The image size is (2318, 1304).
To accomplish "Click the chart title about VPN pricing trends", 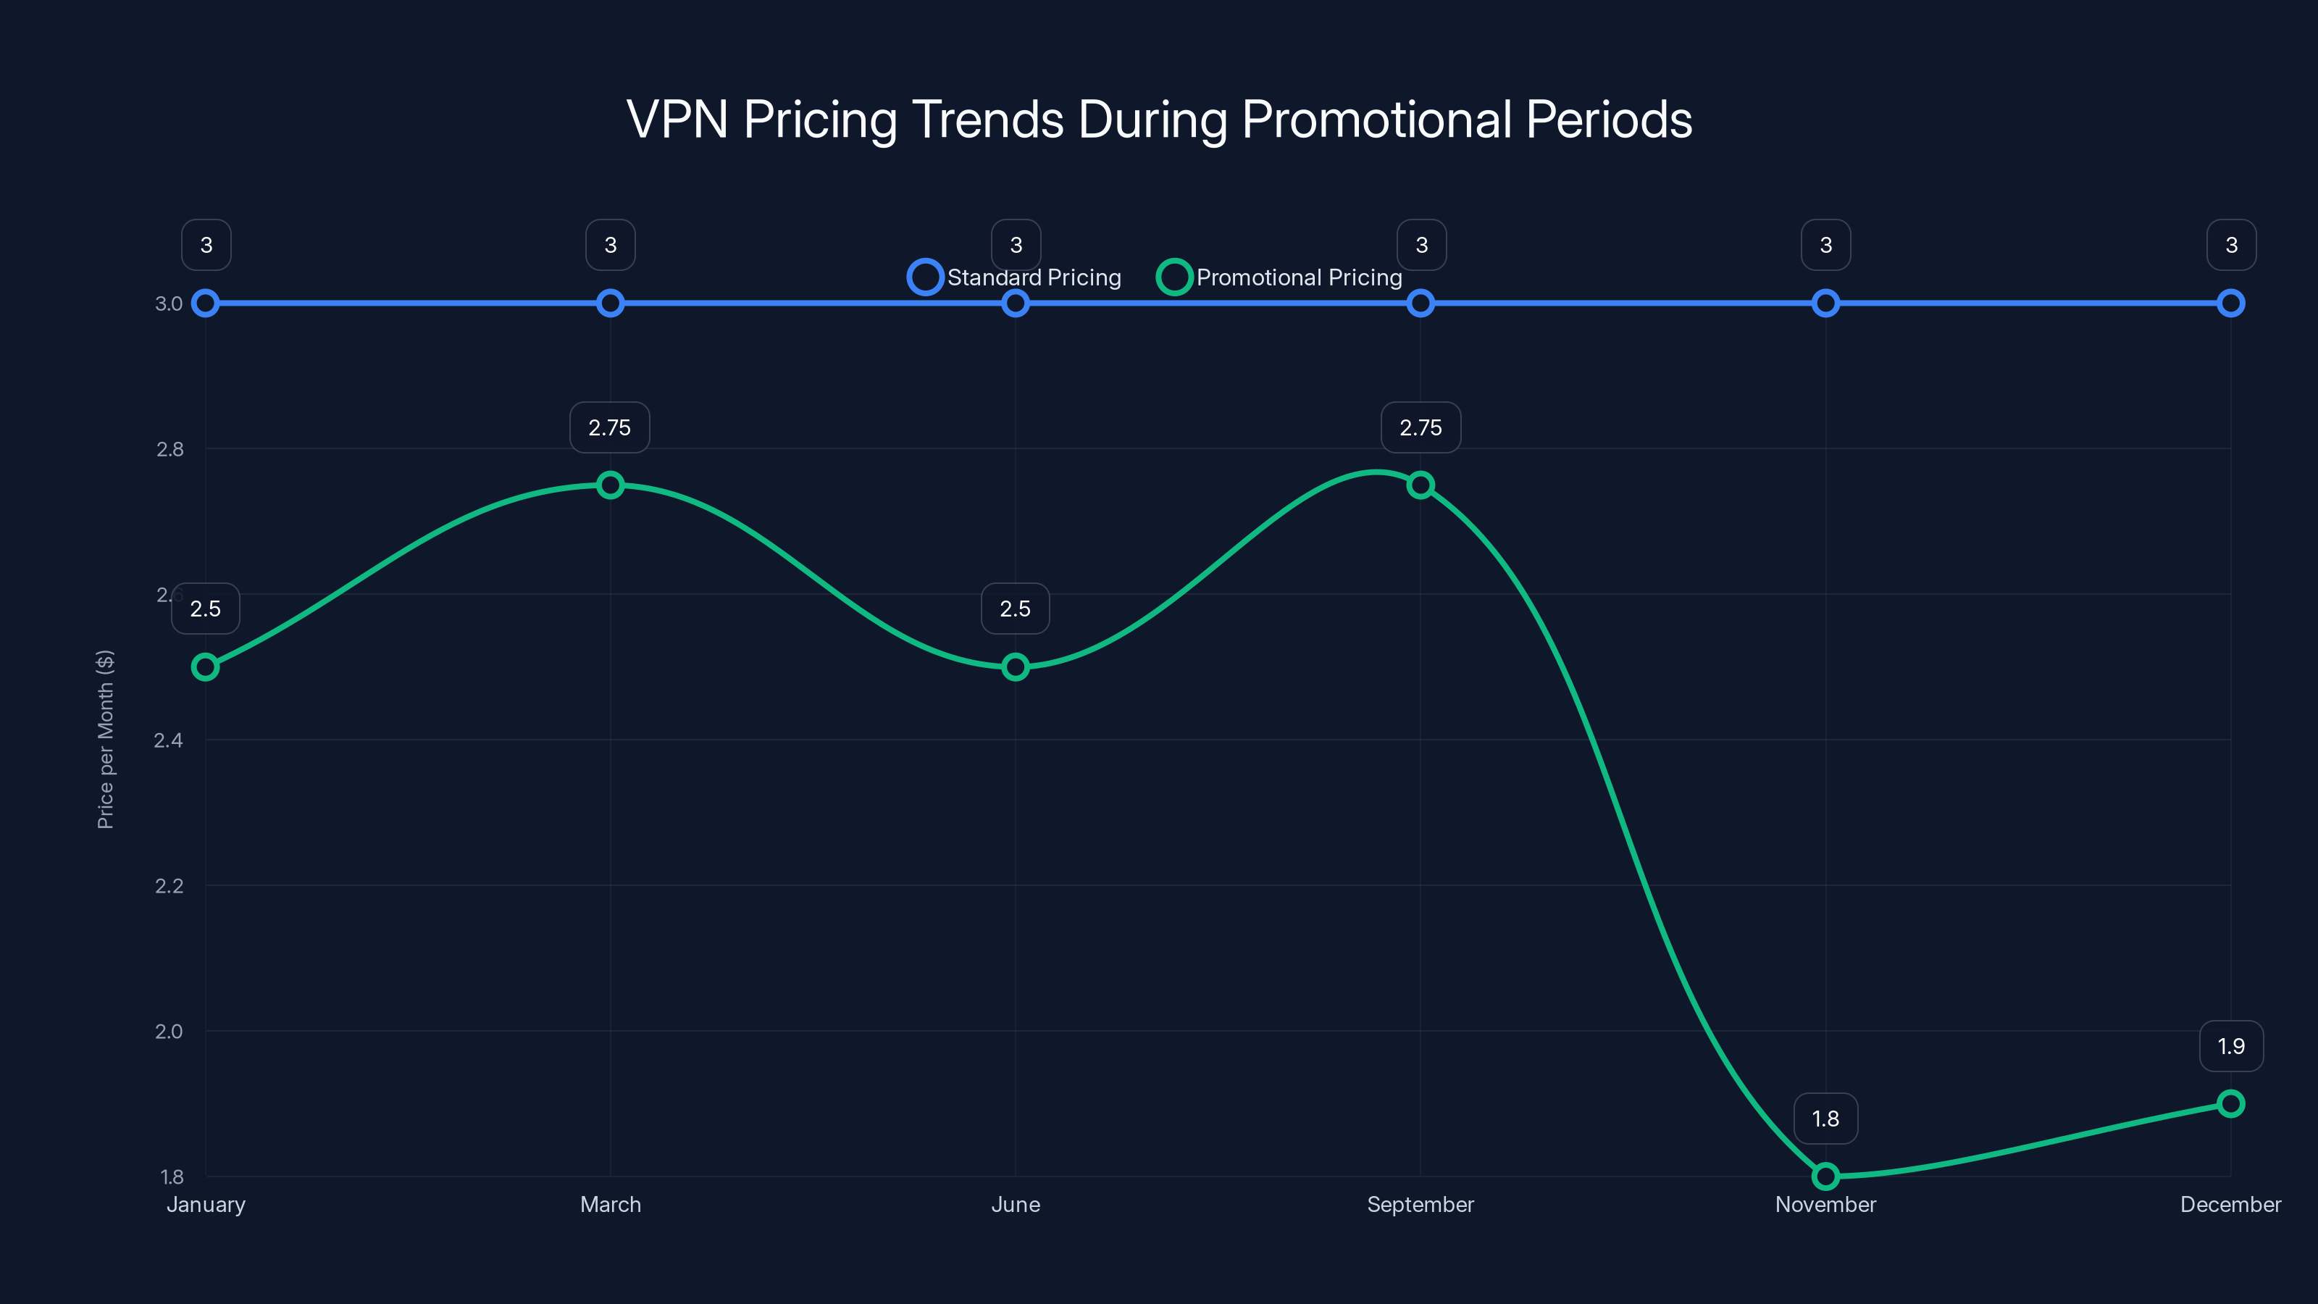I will tap(1159, 120).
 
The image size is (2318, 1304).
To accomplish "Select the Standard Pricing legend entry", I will tap(1015, 277).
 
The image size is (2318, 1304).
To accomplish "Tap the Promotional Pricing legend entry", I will tap(1279, 277).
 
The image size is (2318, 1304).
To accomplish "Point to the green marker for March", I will tap(610, 485).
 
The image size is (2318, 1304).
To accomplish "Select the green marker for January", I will tap(205, 666).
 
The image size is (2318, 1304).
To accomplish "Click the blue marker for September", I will tap(1420, 304).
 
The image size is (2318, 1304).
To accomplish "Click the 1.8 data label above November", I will tap(1825, 1119).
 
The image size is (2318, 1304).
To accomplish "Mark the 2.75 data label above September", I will tap(1420, 427).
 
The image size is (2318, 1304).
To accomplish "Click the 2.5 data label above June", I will tap(1015, 609).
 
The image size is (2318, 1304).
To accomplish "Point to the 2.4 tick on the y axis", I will tap(168, 740).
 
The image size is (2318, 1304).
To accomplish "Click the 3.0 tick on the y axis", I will tap(168, 304).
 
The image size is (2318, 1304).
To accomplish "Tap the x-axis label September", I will tap(1420, 1204).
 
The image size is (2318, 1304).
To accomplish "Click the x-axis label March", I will tap(610, 1204).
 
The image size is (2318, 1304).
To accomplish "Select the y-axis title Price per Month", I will tap(105, 739).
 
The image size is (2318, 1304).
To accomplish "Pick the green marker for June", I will tap(1015, 666).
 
